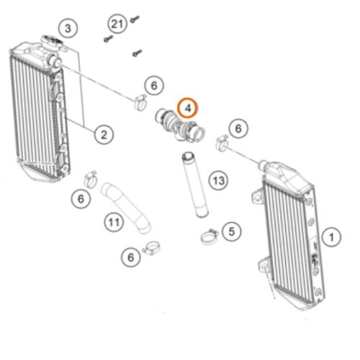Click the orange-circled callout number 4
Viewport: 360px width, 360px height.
187,108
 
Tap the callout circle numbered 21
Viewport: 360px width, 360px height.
117,24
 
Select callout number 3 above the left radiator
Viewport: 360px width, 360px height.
68,28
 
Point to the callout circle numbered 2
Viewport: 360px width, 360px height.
104,135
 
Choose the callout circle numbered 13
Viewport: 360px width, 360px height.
218,181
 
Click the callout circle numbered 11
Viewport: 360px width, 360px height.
114,222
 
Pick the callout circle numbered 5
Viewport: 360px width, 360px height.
232,232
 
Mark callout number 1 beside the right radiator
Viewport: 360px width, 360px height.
331,237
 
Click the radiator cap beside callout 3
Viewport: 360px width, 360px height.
51,41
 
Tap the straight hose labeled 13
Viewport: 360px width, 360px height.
195,185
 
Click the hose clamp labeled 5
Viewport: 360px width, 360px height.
210,236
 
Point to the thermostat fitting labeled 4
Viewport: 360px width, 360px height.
180,125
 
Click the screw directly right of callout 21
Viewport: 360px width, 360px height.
135,19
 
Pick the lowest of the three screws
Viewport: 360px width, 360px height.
138,53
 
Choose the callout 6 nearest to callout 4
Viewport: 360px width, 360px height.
154,86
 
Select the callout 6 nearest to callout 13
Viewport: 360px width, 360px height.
238,129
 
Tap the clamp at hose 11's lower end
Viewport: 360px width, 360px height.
152,248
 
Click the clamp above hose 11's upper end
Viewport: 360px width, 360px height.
91,179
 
